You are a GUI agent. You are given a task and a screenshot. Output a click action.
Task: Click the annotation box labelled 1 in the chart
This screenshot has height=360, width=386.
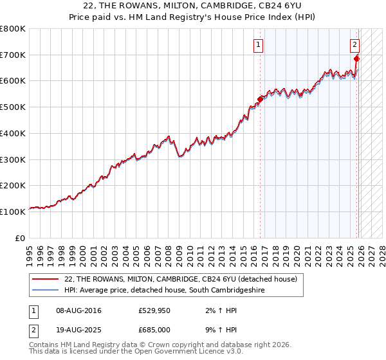tap(258, 45)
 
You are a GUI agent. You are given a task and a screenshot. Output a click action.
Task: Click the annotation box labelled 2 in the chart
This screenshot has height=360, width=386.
tap(354, 45)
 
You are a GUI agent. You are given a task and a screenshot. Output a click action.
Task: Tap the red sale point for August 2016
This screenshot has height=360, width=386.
tap(261, 99)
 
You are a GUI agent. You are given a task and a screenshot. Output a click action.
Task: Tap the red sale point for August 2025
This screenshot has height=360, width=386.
tap(357, 59)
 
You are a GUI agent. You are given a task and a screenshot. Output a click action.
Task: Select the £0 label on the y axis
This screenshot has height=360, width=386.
tap(21, 238)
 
